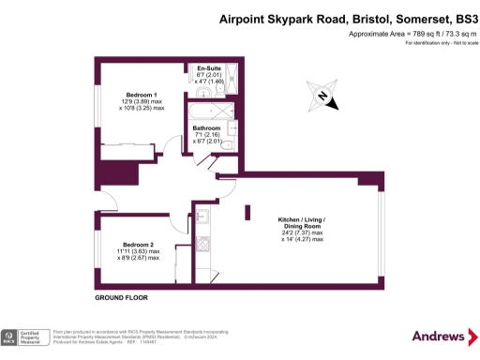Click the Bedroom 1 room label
[x=142, y=94]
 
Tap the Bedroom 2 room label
[x=142, y=245]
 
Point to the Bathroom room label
[x=206, y=127]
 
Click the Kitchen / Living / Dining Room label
[x=300, y=223]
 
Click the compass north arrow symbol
[x=321, y=96]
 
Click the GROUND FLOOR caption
[x=122, y=297]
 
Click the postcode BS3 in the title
[x=465, y=17]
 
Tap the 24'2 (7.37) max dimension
[x=300, y=233]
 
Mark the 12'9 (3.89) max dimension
[x=142, y=100]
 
